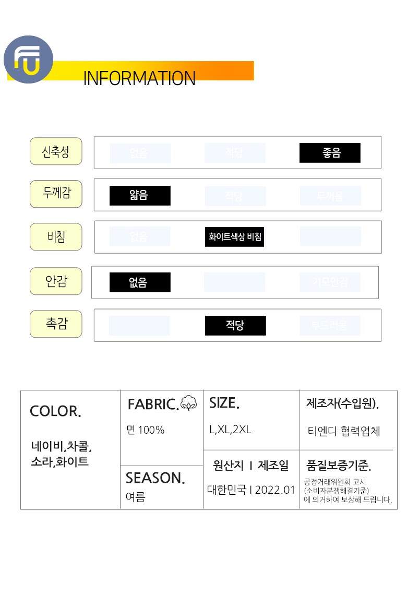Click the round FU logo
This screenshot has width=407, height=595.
[28, 59]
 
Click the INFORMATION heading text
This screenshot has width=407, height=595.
[139, 78]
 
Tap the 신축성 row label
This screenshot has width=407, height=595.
[56, 151]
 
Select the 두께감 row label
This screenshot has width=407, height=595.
[56, 194]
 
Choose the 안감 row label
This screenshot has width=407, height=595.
[56, 281]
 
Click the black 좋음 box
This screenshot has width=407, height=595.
[330, 153]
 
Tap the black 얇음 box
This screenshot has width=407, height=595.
[140, 196]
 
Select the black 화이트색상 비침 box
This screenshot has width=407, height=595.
[235, 237]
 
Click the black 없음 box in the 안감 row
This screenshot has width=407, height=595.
[140, 282]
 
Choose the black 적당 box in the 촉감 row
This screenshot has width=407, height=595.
[235, 326]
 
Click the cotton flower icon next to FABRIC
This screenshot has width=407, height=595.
[189, 403]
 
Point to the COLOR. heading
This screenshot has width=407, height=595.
[55, 411]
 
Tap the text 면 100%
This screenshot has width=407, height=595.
[146, 430]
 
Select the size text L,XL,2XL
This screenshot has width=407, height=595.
[230, 430]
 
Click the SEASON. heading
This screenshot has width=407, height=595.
[155, 478]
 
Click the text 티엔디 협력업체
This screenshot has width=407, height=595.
[344, 431]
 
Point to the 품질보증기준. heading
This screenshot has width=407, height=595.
[339, 466]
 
